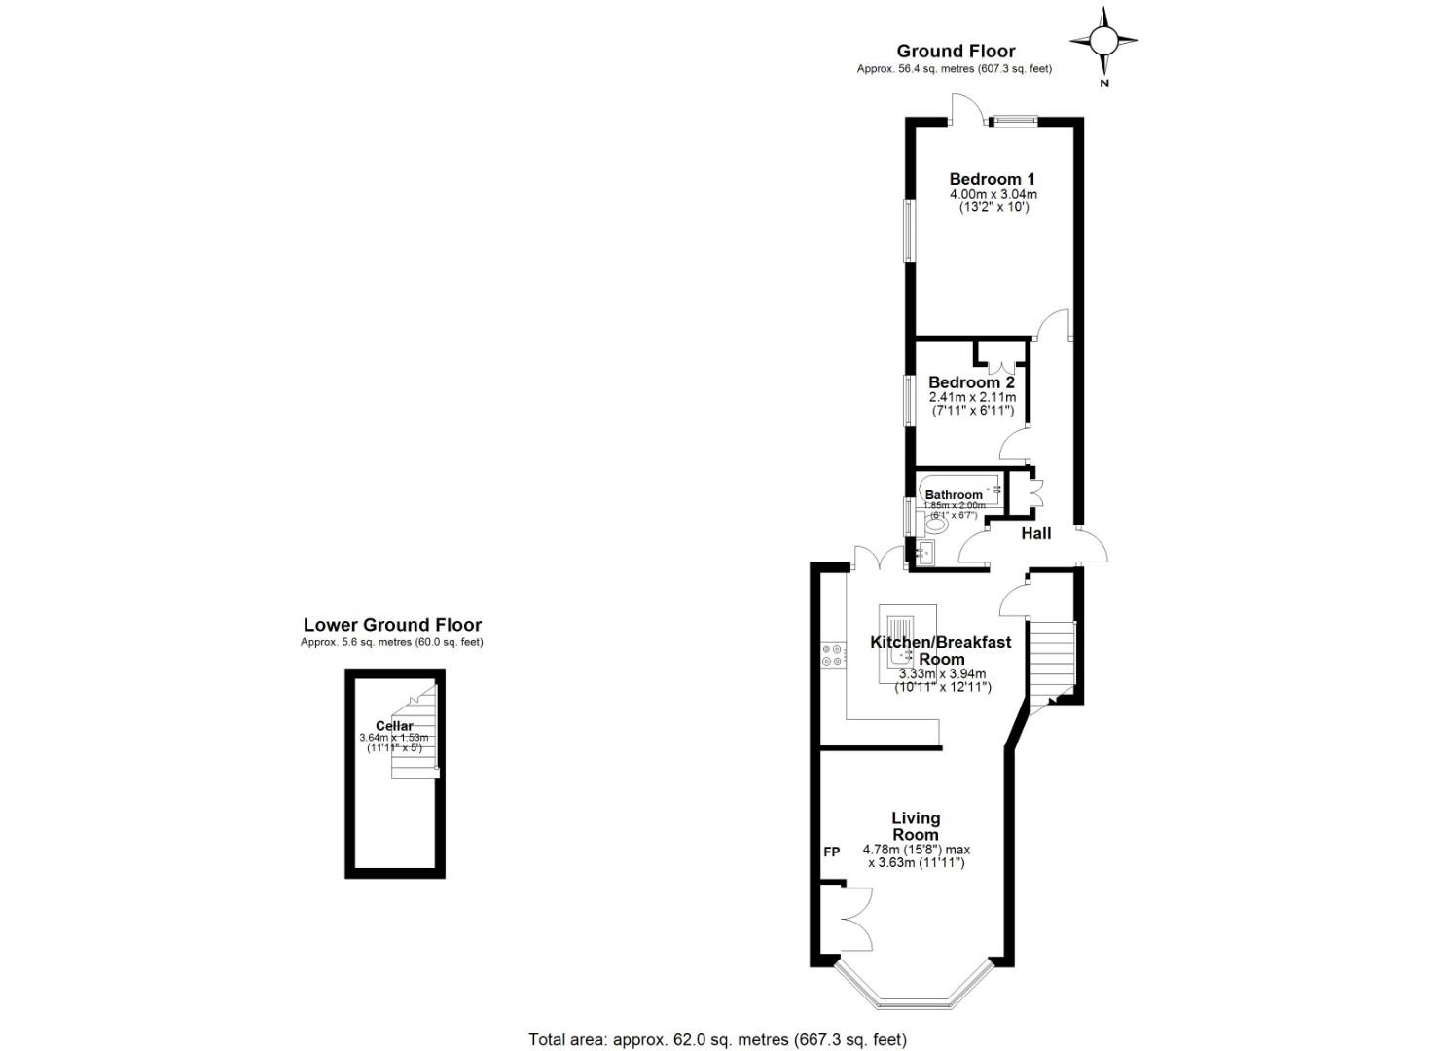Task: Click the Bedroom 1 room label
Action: (x=992, y=179)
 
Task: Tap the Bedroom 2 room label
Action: (x=971, y=382)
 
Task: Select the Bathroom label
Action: (x=954, y=495)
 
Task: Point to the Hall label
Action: (x=1035, y=533)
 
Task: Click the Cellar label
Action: (x=394, y=726)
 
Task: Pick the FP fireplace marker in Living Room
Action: (x=831, y=852)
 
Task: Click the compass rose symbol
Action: (x=1103, y=41)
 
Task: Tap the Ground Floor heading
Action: (x=956, y=51)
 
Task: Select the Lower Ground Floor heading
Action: (x=392, y=625)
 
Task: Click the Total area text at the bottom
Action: (x=717, y=1039)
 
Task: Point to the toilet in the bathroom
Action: (x=935, y=525)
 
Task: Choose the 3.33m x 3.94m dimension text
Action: (x=941, y=673)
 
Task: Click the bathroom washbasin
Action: (x=923, y=553)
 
